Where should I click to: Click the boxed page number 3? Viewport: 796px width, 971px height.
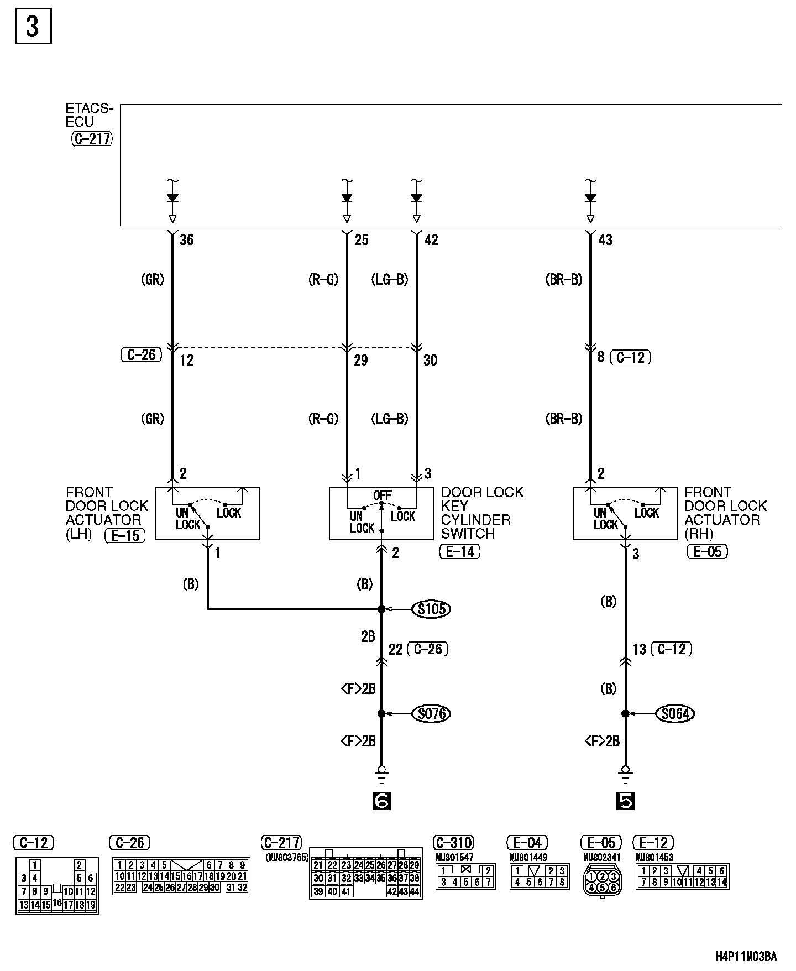(x=33, y=26)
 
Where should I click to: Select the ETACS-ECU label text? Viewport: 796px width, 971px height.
(x=88, y=116)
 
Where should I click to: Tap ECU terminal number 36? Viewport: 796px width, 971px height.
(x=187, y=240)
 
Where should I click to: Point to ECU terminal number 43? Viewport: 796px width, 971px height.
(x=605, y=240)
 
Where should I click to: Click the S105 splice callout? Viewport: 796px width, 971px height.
(x=431, y=609)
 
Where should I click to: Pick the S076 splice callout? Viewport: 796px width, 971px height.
(x=431, y=714)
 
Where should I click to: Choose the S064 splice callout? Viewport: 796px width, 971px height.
(x=675, y=714)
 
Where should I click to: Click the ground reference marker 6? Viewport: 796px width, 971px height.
(x=381, y=801)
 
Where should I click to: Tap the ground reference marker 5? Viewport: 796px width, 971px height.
(x=625, y=801)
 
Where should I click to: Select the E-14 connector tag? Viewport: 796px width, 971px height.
(x=459, y=551)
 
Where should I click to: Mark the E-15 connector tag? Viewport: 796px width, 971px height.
(x=125, y=535)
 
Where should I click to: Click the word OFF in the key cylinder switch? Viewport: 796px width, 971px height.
(x=382, y=495)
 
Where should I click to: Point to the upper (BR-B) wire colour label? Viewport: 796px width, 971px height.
(x=564, y=280)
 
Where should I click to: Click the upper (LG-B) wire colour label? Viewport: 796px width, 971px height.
(x=390, y=280)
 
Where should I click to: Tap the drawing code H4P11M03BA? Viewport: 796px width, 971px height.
(x=746, y=956)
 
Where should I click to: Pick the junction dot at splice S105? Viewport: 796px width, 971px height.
(x=381, y=609)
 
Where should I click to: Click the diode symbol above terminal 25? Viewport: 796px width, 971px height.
(x=347, y=198)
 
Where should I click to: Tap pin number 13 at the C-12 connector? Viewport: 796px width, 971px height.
(x=640, y=649)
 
